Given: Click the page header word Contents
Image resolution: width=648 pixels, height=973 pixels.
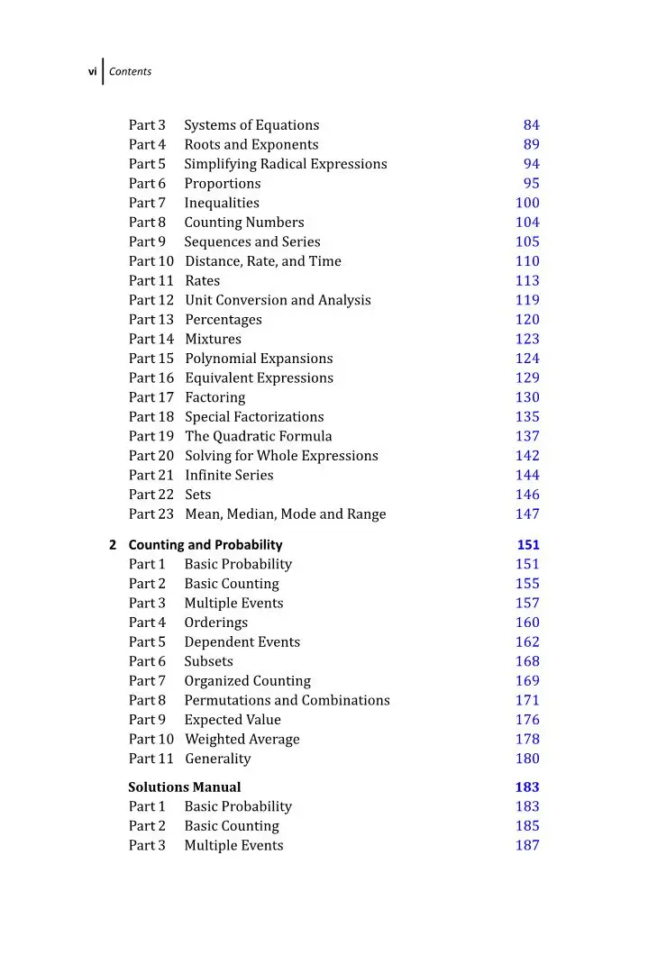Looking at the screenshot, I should (x=130, y=71).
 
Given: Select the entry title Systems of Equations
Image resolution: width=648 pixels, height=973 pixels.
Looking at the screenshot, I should (x=251, y=125).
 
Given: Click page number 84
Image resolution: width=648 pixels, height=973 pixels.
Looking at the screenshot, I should (x=531, y=125).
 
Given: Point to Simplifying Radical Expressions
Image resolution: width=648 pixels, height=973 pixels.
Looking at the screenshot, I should (x=286, y=164).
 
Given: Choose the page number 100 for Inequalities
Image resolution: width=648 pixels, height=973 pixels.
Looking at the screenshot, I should (x=527, y=203).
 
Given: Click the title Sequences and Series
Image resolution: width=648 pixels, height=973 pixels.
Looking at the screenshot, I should (x=252, y=241).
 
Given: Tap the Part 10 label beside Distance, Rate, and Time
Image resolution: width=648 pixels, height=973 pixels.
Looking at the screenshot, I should (x=151, y=261).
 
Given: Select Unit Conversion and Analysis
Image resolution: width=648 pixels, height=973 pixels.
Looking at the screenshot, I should (x=278, y=300).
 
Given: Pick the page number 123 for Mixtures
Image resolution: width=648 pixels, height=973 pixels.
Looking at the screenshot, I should (x=527, y=339).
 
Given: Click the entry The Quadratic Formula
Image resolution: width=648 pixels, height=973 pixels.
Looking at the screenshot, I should (x=259, y=436).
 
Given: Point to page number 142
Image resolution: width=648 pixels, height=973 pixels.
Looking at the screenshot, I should (x=527, y=456).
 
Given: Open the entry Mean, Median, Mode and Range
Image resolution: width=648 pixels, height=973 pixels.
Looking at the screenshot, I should (x=286, y=514).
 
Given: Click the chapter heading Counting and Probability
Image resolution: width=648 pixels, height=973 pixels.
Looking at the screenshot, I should (x=205, y=545).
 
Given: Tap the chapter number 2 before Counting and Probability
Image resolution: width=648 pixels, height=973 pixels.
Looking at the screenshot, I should (x=113, y=545).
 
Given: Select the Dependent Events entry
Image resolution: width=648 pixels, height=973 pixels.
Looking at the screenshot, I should (x=242, y=642).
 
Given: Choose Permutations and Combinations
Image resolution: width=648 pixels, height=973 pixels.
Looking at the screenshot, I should (x=287, y=700).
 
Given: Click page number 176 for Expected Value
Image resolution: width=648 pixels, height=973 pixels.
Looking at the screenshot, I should (x=527, y=720).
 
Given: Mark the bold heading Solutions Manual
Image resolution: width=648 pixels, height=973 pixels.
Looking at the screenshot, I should (x=185, y=787).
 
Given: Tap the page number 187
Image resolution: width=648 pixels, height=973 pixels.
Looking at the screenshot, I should (x=527, y=845).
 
